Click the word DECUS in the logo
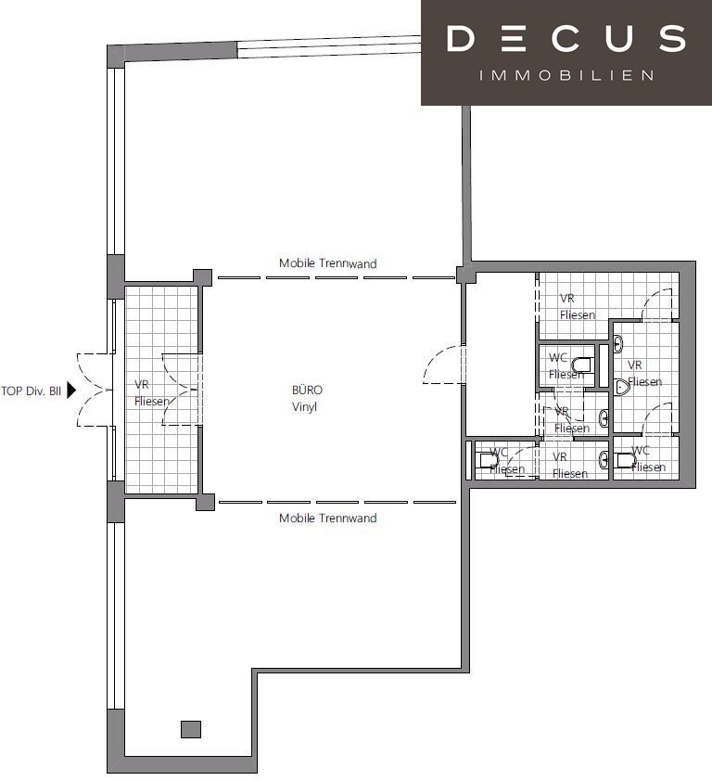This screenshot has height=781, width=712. tap(566, 39)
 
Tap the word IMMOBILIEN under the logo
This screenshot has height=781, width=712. tap(566, 76)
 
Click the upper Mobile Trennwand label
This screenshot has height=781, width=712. tap(327, 263)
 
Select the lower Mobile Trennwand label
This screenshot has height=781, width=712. tap(327, 518)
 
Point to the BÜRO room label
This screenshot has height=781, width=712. tap(307, 390)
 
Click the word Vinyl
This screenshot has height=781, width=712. tap(305, 407)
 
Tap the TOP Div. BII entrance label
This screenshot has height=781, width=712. tap(31, 391)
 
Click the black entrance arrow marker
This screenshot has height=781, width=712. tap(71, 390)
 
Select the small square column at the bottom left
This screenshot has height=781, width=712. tap(191, 729)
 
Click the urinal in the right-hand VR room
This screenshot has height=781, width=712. tap(622, 387)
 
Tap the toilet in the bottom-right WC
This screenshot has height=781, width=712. tap(626, 460)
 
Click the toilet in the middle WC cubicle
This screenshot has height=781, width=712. tap(583, 365)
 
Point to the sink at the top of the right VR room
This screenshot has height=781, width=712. tap(617, 344)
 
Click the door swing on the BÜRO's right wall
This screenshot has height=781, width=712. tap(444, 365)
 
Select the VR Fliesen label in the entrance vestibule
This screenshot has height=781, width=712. tap(152, 393)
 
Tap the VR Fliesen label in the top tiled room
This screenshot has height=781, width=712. tap(577, 306)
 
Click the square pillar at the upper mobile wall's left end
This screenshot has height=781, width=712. tap(202, 277)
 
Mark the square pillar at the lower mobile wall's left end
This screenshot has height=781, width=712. tap(205, 502)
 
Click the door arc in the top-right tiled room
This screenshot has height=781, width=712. tap(656, 304)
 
